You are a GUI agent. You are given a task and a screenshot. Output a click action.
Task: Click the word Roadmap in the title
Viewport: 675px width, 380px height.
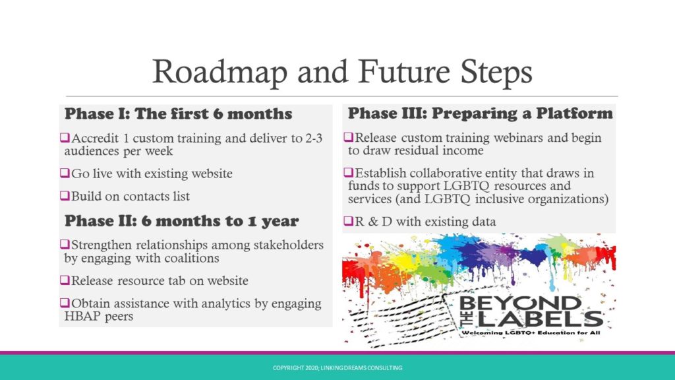click(x=220, y=71)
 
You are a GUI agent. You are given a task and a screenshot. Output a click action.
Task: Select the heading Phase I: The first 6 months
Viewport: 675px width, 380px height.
click(x=178, y=113)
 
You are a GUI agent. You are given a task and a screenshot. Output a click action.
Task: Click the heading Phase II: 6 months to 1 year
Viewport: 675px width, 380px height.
click(x=181, y=221)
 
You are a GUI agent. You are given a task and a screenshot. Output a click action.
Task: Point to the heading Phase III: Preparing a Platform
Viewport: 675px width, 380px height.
click(x=480, y=113)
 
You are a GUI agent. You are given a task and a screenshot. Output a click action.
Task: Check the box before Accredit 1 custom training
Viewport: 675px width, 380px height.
click(x=65, y=138)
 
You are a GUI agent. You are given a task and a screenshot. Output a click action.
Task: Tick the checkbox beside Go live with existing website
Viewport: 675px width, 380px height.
click(x=65, y=174)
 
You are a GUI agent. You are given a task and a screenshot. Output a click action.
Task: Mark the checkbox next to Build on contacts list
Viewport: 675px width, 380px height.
click(x=65, y=196)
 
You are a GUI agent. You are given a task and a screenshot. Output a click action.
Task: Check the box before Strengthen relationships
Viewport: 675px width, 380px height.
click(x=65, y=245)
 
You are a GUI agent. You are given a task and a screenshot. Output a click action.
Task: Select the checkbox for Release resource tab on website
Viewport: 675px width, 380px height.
click(x=65, y=280)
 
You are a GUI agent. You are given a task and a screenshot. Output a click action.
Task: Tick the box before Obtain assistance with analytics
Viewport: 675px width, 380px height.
click(x=65, y=303)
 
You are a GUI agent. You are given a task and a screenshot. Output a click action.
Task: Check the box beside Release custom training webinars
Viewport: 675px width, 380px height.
click(x=348, y=137)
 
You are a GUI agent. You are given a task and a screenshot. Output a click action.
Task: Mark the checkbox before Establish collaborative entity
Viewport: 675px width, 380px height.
click(x=348, y=173)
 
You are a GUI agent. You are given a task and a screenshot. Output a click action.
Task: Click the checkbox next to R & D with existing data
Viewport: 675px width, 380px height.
click(x=348, y=222)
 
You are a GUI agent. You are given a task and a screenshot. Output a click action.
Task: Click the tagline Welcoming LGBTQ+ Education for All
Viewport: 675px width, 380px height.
click(x=531, y=332)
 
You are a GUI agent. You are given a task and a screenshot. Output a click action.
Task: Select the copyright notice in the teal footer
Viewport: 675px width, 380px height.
click(x=337, y=368)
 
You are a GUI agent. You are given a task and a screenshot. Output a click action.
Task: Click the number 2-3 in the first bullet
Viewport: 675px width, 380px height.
click(x=314, y=139)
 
